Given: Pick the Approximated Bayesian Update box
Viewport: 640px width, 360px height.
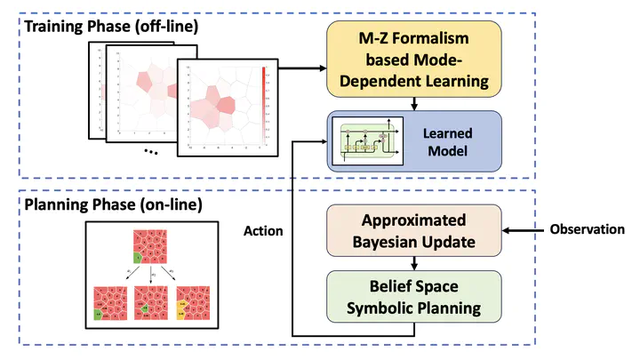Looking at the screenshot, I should pos(414,230).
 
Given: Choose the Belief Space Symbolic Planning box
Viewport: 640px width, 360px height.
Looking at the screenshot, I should pos(414,297).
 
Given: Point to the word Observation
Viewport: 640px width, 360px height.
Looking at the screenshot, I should pos(586,229).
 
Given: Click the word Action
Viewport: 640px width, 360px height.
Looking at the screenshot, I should pos(263,231).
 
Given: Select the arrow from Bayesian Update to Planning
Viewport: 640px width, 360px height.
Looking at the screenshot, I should pos(414,264).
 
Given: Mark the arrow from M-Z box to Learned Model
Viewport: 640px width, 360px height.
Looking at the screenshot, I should pos(414,104).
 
